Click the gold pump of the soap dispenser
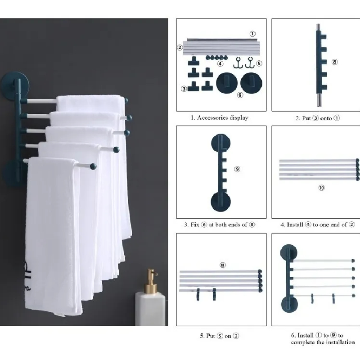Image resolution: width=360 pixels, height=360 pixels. coord(151,281)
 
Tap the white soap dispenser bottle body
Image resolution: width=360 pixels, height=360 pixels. coord(150,309)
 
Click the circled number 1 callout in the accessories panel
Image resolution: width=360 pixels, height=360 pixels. coord(252,34)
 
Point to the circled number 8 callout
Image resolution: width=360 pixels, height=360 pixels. coord(334,62)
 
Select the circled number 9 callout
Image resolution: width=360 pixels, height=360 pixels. coord(237,169)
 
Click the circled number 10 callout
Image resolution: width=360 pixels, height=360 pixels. coord(321,188)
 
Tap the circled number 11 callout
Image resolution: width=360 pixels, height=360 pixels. coord(222,265)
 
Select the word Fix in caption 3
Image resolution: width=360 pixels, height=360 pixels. coord(195,225)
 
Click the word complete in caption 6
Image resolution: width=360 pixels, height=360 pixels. coord(303,342)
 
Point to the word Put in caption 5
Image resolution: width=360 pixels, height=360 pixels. coord(210,336)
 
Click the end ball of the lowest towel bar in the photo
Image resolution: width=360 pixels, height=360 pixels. coord(93,166)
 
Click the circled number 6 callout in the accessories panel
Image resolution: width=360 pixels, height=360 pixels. coord(240,95)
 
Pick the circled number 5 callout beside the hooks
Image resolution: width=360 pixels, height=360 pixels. coord(259,63)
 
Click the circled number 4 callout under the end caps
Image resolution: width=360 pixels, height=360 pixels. coord(220,63)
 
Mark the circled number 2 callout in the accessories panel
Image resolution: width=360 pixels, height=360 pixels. coord(180,48)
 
